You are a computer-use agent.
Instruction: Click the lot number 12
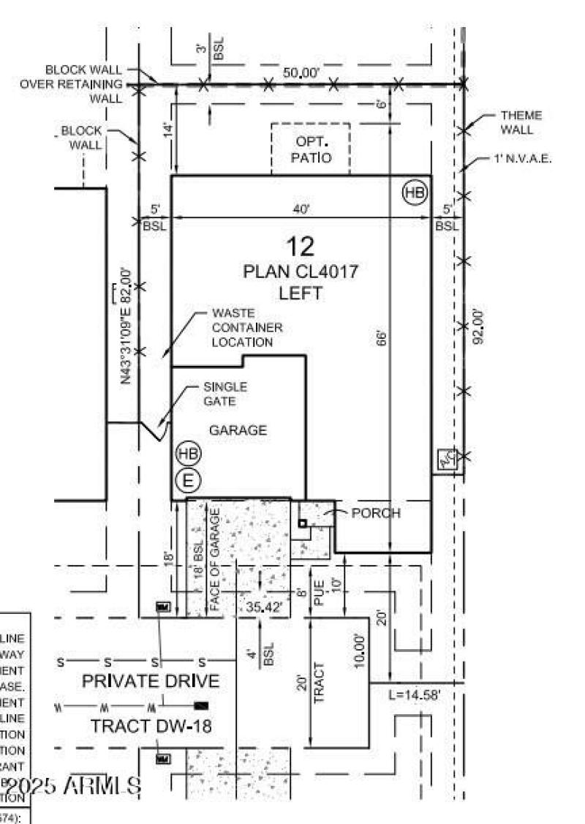tap(301, 246)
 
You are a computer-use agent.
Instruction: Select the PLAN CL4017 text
tap(301, 272)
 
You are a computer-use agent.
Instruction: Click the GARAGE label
tap(238, 430)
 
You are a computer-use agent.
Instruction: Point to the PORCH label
tap(376, 513)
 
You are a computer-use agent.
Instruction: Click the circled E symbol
tap(188, 481)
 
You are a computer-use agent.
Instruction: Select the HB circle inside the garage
tap(188, 454)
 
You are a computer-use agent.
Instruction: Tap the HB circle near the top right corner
tap(415, 193)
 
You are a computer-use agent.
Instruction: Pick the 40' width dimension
tap(301, 209)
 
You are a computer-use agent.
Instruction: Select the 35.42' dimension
tap(263, 606)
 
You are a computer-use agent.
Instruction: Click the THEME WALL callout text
tap(521, 123)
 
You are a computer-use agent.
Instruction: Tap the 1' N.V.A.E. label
tap(521, 159)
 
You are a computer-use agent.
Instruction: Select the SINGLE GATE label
tap(225, 394)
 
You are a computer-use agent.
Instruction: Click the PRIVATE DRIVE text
tap(150, 681)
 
